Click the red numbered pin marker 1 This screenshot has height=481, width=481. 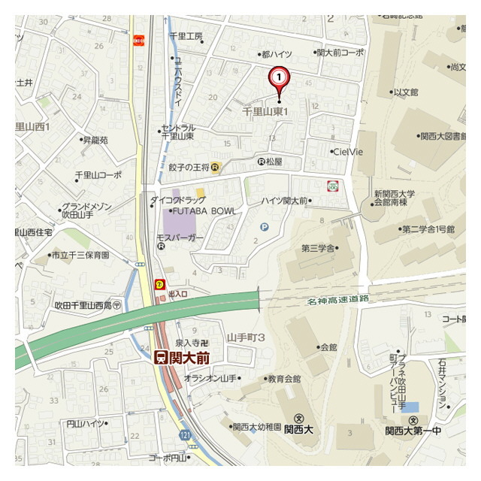[x=279, y=77]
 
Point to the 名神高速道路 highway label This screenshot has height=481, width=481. [x=338, y=300]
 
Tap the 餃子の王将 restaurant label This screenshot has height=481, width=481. [x=189, y=167]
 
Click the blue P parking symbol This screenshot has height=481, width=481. [x=264, y=227]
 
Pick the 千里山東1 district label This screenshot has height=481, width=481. [x=265, y=111]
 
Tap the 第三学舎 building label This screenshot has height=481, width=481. [x=319, y=248]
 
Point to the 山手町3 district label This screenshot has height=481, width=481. [x=246, y=339]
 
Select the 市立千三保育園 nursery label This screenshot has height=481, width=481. [x=80, y=256]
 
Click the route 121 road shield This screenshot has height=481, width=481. [x=186, y=435]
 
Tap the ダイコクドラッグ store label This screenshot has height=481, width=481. [x=177, y=200]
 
